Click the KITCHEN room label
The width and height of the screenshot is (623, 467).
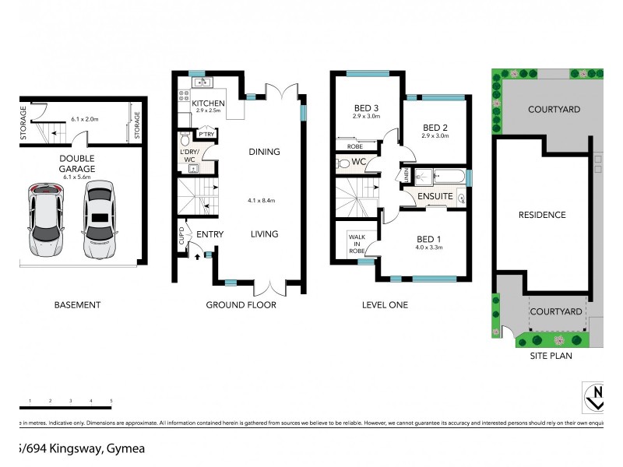coord(208,103)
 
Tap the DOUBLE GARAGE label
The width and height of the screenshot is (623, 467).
coord(76,162)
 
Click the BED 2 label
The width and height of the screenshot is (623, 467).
coord(435,127)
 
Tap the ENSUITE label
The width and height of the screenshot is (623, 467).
coord(435,197)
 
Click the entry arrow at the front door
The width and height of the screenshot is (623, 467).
coord(197,255)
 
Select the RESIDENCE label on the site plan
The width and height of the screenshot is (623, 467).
coord(544,215)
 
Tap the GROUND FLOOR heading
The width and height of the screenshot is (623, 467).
coord(241,305)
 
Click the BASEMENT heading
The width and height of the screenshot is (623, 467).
coord(77,305)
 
